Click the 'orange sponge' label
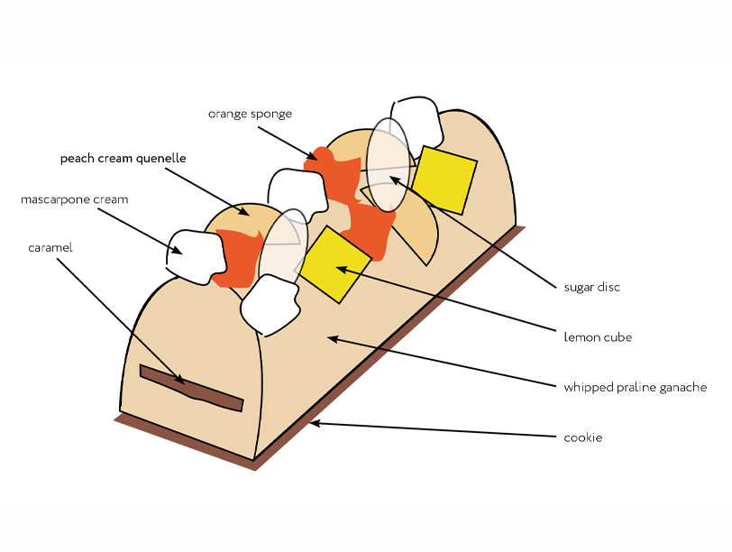(x=250, y=114)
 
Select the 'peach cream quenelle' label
(x=123, y=158)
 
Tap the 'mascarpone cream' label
(x=75, y=199)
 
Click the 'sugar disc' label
(x=591, y=288)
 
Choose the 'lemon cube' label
(x=597, y=337)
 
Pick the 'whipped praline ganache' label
(x=635, y=388)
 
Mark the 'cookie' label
(x=582, y=437)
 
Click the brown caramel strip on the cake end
(x=191, y=388)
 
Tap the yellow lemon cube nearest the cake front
(x=335, y=264)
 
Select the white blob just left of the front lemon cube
(x=270, y=302)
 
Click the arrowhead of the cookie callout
(x=312, y=422)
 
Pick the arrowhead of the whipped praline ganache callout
(x=330, y=338)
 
